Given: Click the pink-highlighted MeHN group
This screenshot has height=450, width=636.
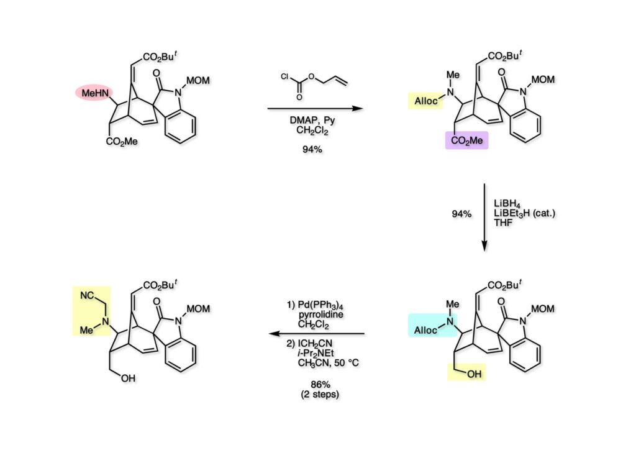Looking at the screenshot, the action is point(95,93).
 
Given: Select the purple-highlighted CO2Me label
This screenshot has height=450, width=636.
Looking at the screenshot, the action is point(467,140).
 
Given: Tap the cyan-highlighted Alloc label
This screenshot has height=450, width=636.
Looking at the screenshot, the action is point(425,330).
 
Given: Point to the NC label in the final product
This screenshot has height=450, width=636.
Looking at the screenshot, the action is point(87,295).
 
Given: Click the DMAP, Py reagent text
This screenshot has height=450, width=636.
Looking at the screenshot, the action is point(312,121).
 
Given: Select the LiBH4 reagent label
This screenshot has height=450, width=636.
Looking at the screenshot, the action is point(507,204).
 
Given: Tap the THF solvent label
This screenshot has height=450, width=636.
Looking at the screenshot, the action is point(503,223).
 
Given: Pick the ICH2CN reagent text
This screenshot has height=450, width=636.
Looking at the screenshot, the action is point(315,344).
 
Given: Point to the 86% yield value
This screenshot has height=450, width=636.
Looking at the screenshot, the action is point(320,384).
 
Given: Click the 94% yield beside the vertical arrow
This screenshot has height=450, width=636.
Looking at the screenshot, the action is point(461,213).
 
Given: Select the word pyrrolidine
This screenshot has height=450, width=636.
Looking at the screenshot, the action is point(321,315).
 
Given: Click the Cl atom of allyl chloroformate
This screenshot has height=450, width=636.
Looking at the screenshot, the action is point(284,76).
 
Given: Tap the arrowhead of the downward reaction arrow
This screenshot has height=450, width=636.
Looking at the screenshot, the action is point(484,246).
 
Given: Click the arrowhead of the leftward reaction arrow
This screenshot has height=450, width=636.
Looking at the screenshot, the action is point(275,334).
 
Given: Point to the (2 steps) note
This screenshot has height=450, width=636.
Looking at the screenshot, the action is point(320,394).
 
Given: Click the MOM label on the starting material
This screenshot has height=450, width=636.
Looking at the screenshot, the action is point(198,80).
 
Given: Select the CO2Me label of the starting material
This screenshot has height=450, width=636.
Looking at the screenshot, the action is point(122,141).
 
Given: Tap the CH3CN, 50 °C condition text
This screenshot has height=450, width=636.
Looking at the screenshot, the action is point(328,362).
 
